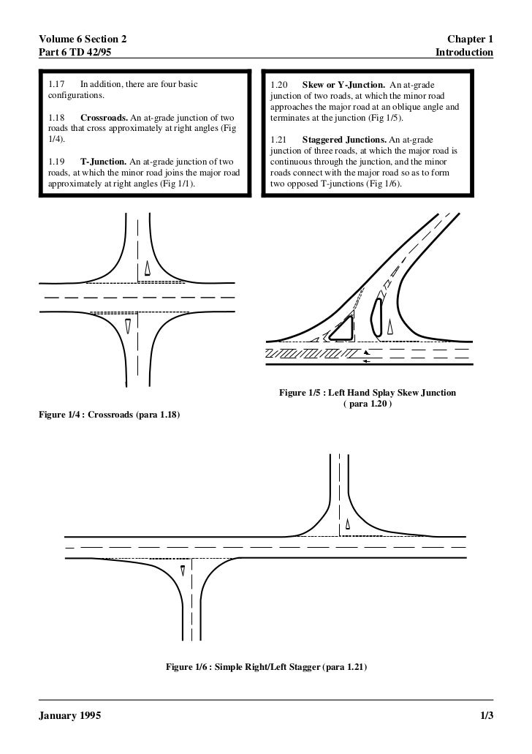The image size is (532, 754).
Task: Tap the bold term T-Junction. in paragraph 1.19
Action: tap(103, 162)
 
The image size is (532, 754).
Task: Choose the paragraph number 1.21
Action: tap(280, 140)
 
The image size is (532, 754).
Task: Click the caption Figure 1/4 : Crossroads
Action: tap(110, 415)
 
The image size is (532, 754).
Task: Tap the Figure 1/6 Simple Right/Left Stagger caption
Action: tap(266, 668)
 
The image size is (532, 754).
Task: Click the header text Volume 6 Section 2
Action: tap(79, 38)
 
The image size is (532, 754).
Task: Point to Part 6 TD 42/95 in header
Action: tap(75, 53)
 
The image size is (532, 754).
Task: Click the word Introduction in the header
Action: tap(464, 53)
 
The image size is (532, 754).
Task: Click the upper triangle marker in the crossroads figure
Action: tap(147, 268)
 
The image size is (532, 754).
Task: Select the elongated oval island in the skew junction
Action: tap(376, 316)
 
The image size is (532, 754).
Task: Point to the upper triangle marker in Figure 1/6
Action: tap(348, 524)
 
